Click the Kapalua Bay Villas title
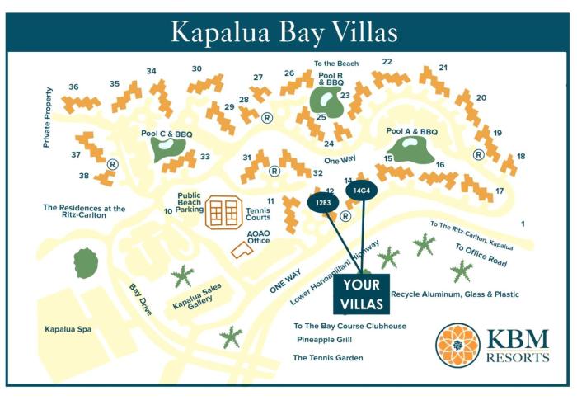[284, 31]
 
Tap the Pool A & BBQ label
[411, 131]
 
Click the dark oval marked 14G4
[361, 191]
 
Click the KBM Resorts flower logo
[457, 344]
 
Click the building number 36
[74, 87]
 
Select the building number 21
[443, 68]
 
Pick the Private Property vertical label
[48, 118]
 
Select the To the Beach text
[336, 64]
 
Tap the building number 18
[521, 156]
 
